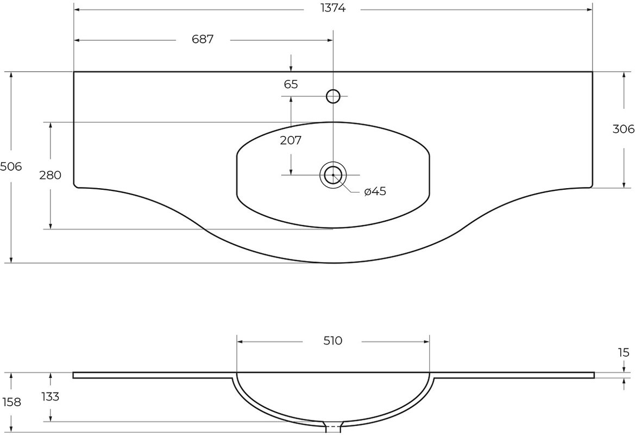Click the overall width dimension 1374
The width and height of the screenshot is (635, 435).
point(333,9)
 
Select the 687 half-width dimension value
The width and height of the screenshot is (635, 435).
point(203,39)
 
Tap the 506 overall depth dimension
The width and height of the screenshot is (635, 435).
point(10,166)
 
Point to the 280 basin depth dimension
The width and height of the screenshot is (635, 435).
point(50,175)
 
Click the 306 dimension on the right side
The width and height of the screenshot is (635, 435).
point(624,129)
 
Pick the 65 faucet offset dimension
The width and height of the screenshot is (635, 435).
point(291,84)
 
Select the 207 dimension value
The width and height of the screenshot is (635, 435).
point(291,141)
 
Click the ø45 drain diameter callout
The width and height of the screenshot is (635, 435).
point(375,191)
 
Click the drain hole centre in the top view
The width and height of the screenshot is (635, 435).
point(333,175)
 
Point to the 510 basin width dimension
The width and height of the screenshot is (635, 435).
point(333,341)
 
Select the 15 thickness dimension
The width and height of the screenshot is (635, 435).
point(624,352)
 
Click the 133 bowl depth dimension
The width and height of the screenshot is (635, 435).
point(50,396)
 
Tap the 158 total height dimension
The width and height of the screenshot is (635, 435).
point(11,402)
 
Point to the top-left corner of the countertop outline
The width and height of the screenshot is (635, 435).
point(74,72)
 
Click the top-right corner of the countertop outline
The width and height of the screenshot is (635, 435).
point(593,72)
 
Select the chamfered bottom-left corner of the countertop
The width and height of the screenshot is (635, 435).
point(76,186)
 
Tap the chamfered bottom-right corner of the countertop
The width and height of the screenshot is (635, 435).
point(591,186)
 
